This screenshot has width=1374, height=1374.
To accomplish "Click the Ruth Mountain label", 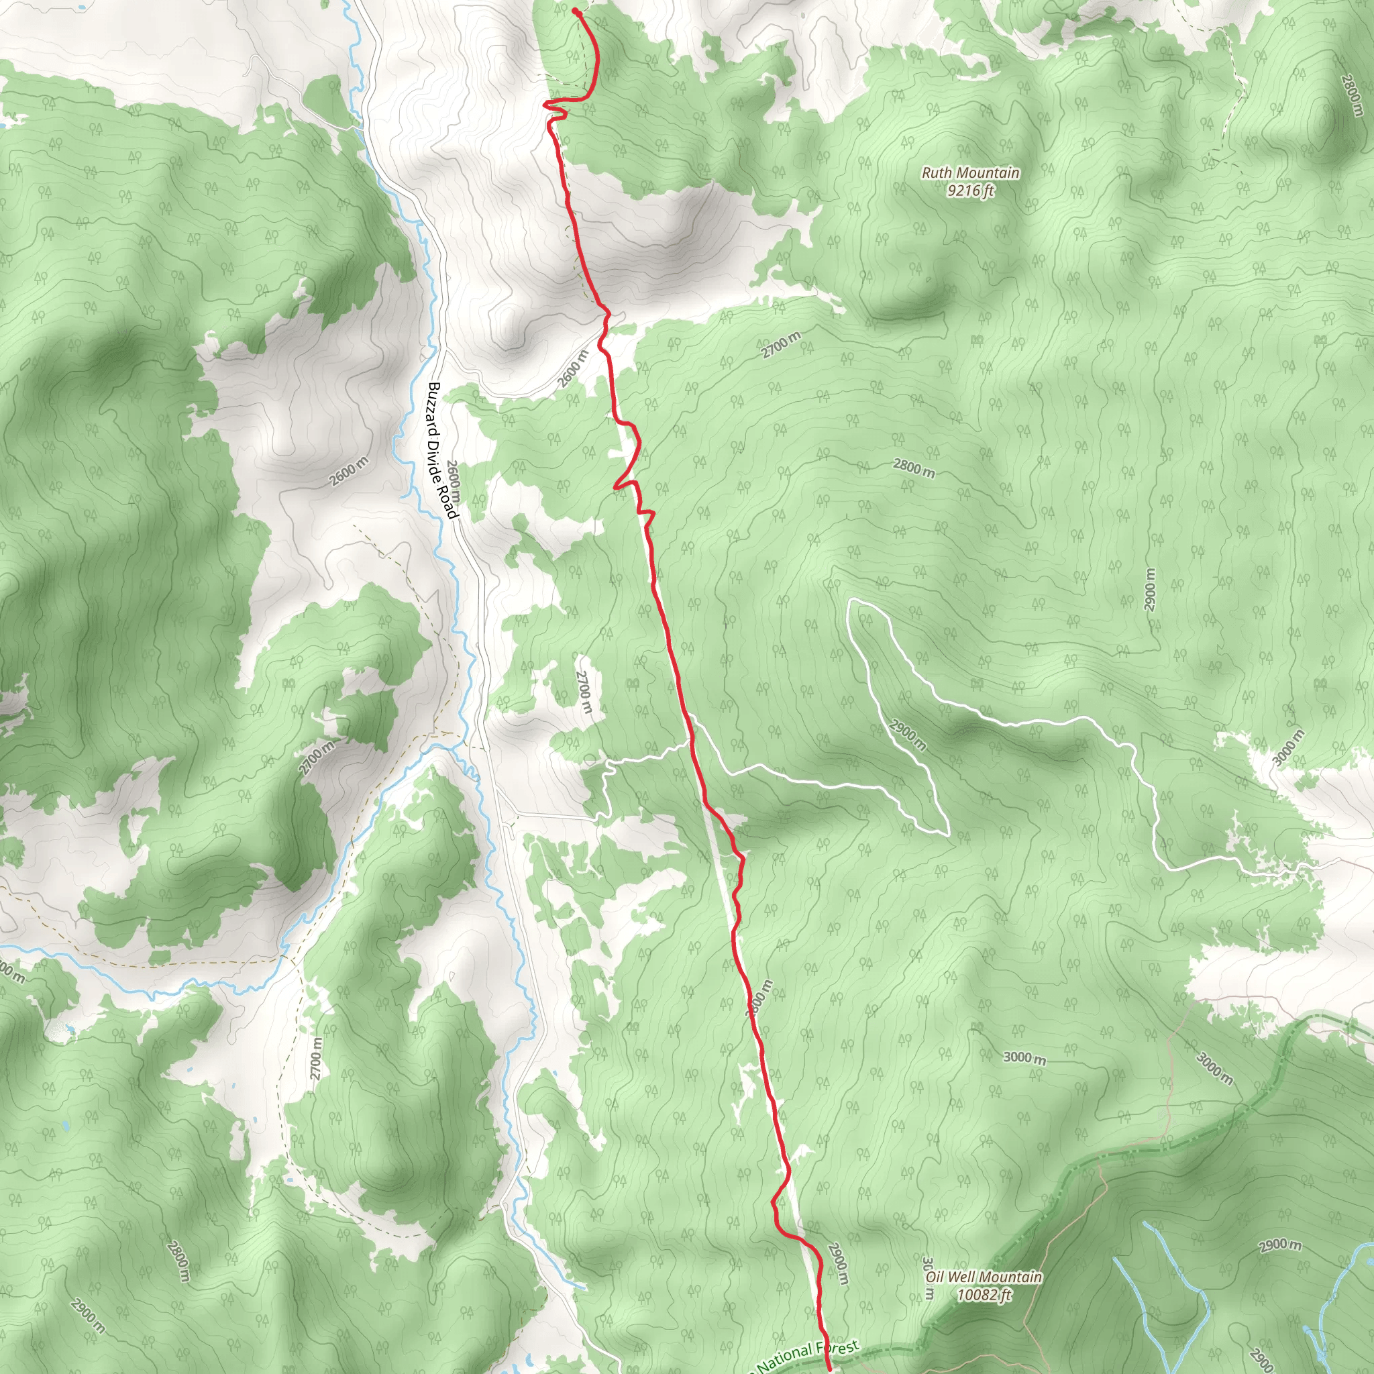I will (x=970, y=173).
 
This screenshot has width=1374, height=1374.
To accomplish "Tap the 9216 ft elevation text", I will (x=970, y=190).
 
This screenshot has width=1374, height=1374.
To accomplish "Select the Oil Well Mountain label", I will (x=984, y=1277).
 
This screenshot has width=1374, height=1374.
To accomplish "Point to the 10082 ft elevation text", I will (x=984, y=1294).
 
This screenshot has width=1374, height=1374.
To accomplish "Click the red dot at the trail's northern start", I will (x=575, y=11).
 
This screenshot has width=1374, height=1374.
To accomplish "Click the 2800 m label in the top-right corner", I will (x=1351, y=95).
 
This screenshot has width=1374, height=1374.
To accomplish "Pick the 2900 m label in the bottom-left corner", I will (x=87, y=1316).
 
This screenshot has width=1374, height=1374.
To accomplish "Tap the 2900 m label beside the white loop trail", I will (x=908, y=735).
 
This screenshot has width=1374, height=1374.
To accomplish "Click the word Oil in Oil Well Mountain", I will (x=935, y=1277).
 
